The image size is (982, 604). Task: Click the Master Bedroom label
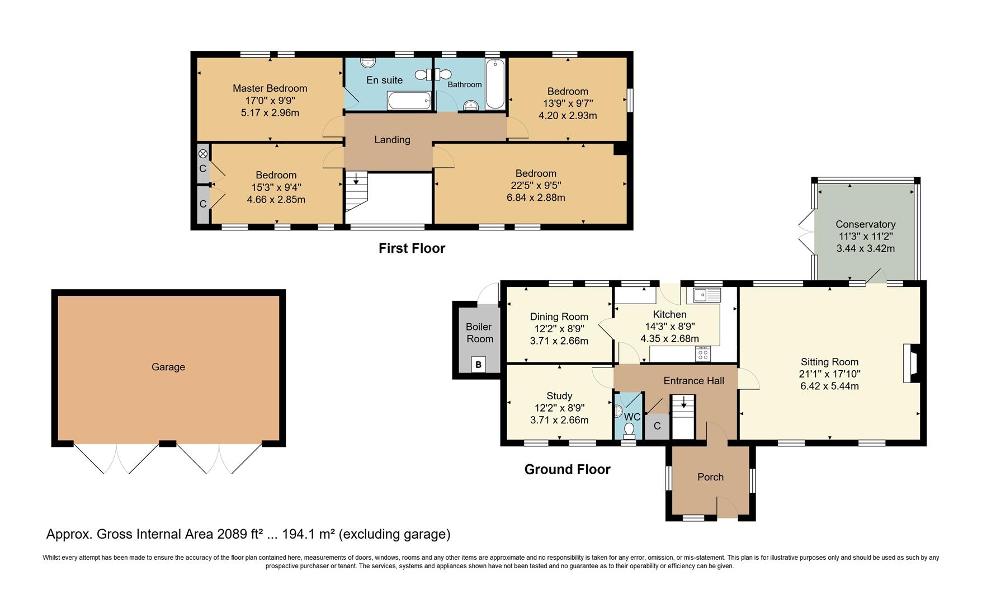coord(270,88)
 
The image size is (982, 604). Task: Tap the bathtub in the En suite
coord(409,101)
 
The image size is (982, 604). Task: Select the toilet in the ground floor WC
coord(629,430)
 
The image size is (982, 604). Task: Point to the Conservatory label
coord(865,224)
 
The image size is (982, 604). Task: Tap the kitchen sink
coord(707,295)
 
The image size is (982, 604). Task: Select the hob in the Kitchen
coord(702,354)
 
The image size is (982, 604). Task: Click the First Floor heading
coord(412,248)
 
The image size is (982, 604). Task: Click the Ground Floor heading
coord(567,469)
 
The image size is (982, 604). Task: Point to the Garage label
coord(168,367)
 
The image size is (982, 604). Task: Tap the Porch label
coord(710,477)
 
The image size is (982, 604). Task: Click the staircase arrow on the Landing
coord(356,180)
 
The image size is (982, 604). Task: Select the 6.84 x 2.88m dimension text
coord(536,197)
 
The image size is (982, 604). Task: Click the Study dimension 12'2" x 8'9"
coord(559,408)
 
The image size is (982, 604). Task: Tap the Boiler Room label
coord(479,333)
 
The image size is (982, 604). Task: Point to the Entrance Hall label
coord(693,381)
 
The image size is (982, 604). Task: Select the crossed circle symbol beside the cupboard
coord(203,153)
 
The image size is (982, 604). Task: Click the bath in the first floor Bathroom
coord(495,85)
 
